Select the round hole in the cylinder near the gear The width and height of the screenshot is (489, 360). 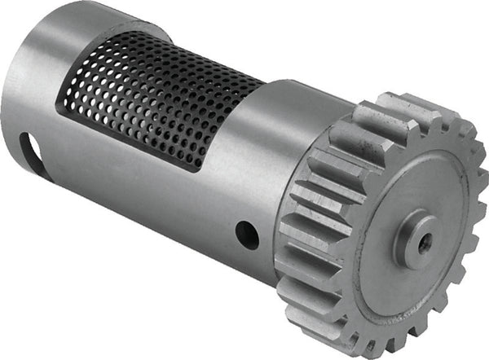coord(247,235)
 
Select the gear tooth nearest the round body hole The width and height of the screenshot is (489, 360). coord(293,244)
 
